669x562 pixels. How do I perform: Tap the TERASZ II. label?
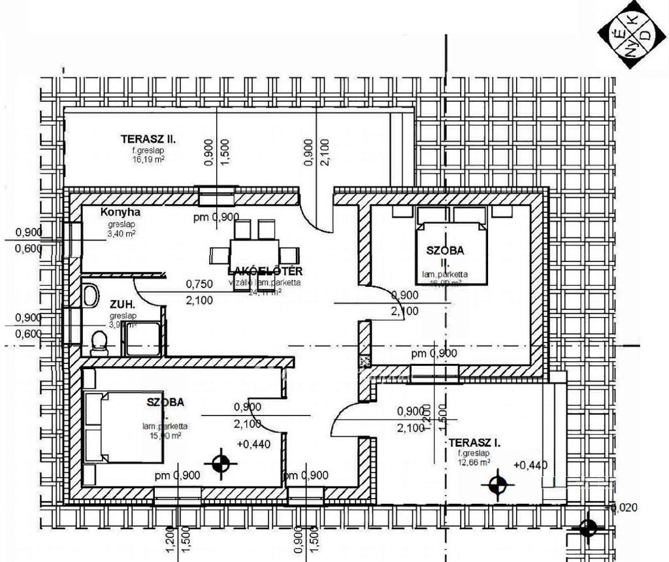(149, 139)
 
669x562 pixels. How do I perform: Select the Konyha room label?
(120, 212)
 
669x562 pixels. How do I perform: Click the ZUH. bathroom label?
(122, 305)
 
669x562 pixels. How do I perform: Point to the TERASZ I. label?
(475, 443)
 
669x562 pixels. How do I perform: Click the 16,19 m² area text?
(148, 159)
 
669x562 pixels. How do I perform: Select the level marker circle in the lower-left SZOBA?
(221, 463)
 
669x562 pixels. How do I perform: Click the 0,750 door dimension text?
(200, 284)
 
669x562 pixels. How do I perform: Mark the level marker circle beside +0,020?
(588, 527)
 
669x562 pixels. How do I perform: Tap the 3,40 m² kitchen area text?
(121, 233)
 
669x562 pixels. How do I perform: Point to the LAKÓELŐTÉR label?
(265, 271)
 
